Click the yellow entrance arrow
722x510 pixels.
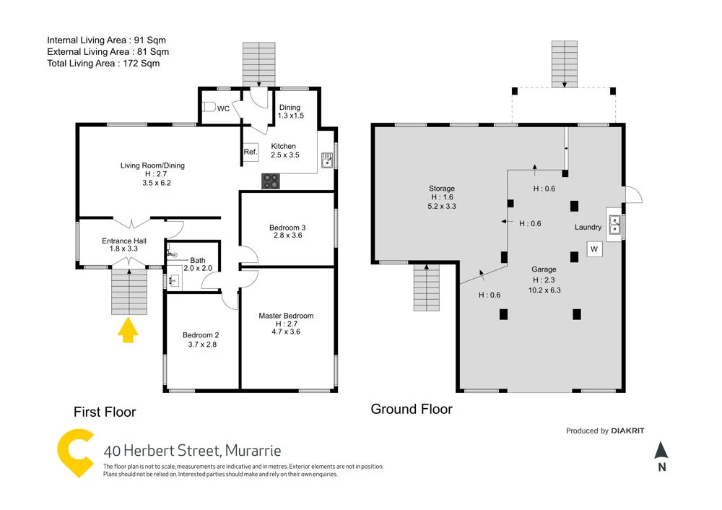pos(128,331)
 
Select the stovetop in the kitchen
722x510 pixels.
pos(271,181)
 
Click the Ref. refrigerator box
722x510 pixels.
pos(251,152)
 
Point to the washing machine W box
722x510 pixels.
pos(594,249)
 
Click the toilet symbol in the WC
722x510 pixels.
pos(209,108)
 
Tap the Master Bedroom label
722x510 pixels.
pos(286,316)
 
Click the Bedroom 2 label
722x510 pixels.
pos(200,335)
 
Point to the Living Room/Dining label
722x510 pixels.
pos(152,165)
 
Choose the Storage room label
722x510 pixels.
pos(441,189)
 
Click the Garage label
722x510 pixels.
pos(544,269)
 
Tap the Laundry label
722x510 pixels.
pos(588,228)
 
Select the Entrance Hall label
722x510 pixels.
pos(123,241)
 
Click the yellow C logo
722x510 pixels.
pos(76,453)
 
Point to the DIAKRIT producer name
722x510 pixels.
pos(627,431)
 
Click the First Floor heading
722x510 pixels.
pos(105,412)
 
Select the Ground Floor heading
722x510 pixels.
pos(412,410)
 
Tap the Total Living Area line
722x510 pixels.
pos(103,64)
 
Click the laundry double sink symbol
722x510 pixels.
pos(614,225)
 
